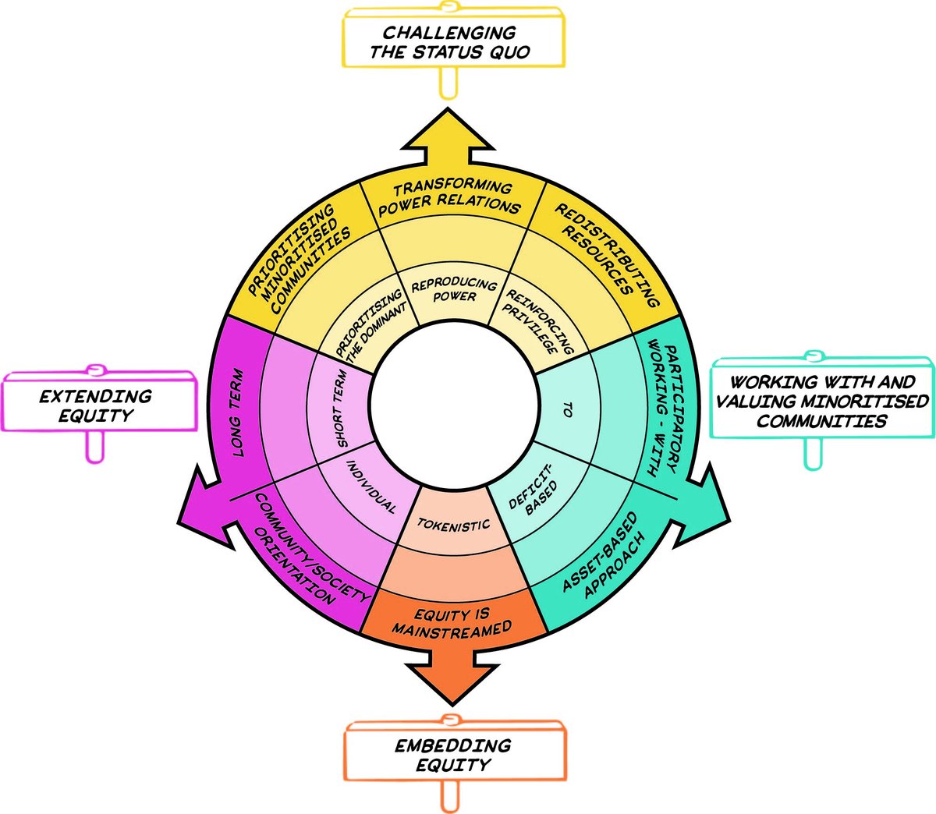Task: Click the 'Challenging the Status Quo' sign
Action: pyautogui.click(x=450, y=44)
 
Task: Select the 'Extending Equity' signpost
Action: pyautogui.click(x=97, y=405)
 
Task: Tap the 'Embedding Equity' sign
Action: pyautogui.click(x=453, y=755)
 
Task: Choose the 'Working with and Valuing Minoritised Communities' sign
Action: pyautogui.click(x=822, y=402)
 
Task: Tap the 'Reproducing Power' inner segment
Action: pyautogui.click(x=454, y=290)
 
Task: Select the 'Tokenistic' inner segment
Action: pyautogui.click(x=453, y=525)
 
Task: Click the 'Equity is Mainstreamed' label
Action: pyautogui.click(x=452, y=622)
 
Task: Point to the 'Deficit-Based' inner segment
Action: pyautogui.click(x=533, y=490)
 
